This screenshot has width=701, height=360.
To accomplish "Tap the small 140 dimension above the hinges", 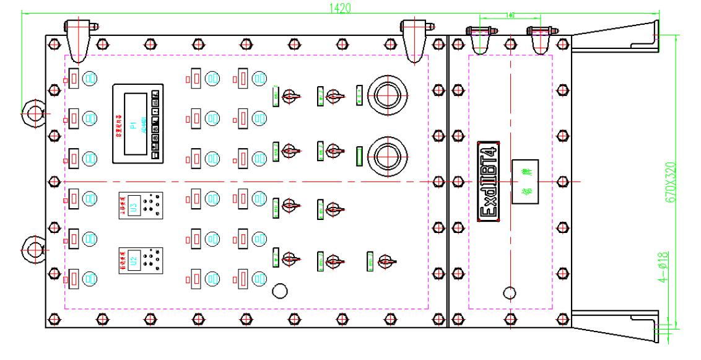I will (x=511, y=14).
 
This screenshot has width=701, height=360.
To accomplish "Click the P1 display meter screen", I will (x=133, y=124).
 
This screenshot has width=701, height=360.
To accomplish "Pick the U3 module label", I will (x=131, y=205).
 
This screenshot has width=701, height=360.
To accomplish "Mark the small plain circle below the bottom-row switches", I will (x=281, y=291).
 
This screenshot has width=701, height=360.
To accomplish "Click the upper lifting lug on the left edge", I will (x=32, y=112).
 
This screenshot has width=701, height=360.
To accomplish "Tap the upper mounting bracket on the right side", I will (x=616, y=38).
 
